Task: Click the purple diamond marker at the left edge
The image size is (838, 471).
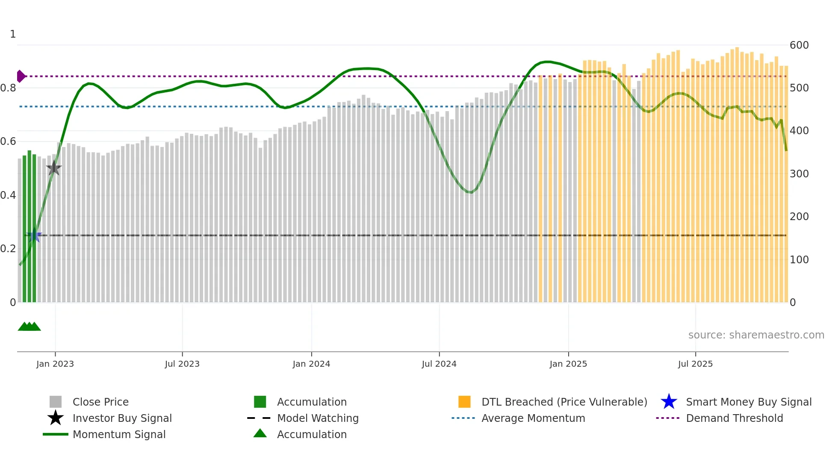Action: tap(21, 76)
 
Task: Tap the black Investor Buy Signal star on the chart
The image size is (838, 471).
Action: tap(54, 168)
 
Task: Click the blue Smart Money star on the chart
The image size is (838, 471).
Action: tap(34, 235)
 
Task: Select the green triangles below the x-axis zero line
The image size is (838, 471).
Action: tap(29, 327)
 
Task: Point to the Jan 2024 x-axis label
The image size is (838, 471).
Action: tap(311, 364)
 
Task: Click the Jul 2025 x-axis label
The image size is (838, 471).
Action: tap(695, 364)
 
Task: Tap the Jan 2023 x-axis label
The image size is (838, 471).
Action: tap(55, 364)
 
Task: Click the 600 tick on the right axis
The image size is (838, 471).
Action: tap(799, 45)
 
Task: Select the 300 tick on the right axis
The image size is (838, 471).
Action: tap(799, 174)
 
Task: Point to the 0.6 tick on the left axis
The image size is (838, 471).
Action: tap(9, 141)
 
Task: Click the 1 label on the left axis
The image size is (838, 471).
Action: tap(13, 34)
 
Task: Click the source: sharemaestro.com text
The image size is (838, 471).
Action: tap(756, 335)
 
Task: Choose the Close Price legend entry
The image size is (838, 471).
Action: tap(100, 402)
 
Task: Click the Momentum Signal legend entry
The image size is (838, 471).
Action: tap(119, 434)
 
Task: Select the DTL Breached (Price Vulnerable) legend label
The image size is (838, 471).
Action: tap(564, 402)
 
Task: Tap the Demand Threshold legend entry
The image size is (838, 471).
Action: tap(734, 418)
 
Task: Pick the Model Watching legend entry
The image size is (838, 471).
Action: tap(317, 418)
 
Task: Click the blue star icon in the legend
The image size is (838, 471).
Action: tap(669, 402)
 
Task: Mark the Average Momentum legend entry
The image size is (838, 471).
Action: tap(533, 418)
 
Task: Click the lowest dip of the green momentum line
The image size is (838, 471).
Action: tap(470, 192)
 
